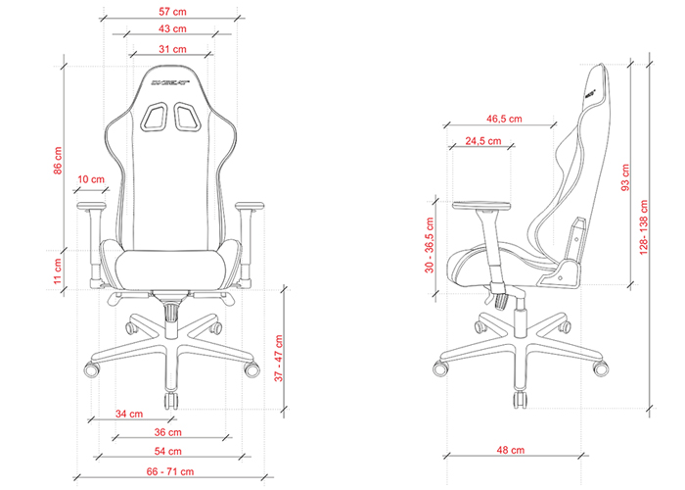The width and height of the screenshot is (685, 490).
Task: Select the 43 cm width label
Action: pyautogui.click(x=170, y=28)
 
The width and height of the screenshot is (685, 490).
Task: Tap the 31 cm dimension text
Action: pyautogui.click(x=170, y=48)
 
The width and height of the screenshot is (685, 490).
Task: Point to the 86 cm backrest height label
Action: pyautogui.click(x=58, y=162)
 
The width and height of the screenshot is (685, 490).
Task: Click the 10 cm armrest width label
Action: pyautogui.click(x=90, y=179)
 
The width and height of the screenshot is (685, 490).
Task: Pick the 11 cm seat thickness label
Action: pyautogui.click(x=58, y=268)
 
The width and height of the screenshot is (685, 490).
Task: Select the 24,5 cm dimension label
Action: pyautogui.click(x=483, y=141)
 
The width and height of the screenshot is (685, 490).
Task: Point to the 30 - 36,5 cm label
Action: pyautogui.click(x=430, y=245)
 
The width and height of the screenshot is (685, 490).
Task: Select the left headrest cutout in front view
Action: pyautogui.click(x=155, y=119)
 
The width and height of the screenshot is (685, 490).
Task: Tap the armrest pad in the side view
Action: pyautogui.click(x=481, y=204)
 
